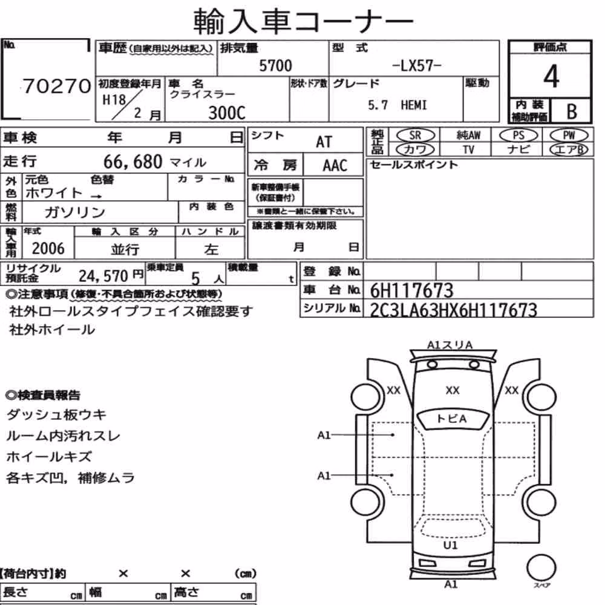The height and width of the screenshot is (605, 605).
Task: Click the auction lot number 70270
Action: tap(57, 86)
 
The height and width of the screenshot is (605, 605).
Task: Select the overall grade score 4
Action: tap(551, 76)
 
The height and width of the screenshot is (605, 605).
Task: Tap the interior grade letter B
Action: tap(572, 111)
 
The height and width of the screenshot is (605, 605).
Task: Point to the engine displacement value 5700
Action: tap(275, 65)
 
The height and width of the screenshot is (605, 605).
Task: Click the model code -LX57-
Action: tap(416, 65)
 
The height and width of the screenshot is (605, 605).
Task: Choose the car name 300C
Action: tap(226, 113)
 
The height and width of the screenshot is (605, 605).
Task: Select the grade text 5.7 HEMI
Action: tap(397, 105)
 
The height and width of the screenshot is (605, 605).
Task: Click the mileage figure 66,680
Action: tap(132, 162)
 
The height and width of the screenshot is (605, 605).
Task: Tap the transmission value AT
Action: tap(324, 142)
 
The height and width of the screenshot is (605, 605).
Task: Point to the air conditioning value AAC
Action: tap(335, 166)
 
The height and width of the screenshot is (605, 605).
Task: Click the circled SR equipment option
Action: tap(415, 136)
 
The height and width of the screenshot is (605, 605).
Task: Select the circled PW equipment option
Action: tap(569, 135)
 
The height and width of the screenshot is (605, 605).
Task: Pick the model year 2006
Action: tap(48, 249)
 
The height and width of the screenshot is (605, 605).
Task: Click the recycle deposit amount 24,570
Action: tap(103, 276)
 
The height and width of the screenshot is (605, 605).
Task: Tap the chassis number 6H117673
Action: tap(411, 290)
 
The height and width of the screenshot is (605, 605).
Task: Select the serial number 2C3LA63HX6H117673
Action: tap(453, 310)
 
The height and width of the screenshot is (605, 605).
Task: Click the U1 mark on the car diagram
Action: tap(450, 545)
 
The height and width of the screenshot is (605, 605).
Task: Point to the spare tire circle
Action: tap(541, 567)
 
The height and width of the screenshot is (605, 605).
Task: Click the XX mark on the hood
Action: tap(452, 390)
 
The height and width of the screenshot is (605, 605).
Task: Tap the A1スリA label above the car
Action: tap(450, 345)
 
